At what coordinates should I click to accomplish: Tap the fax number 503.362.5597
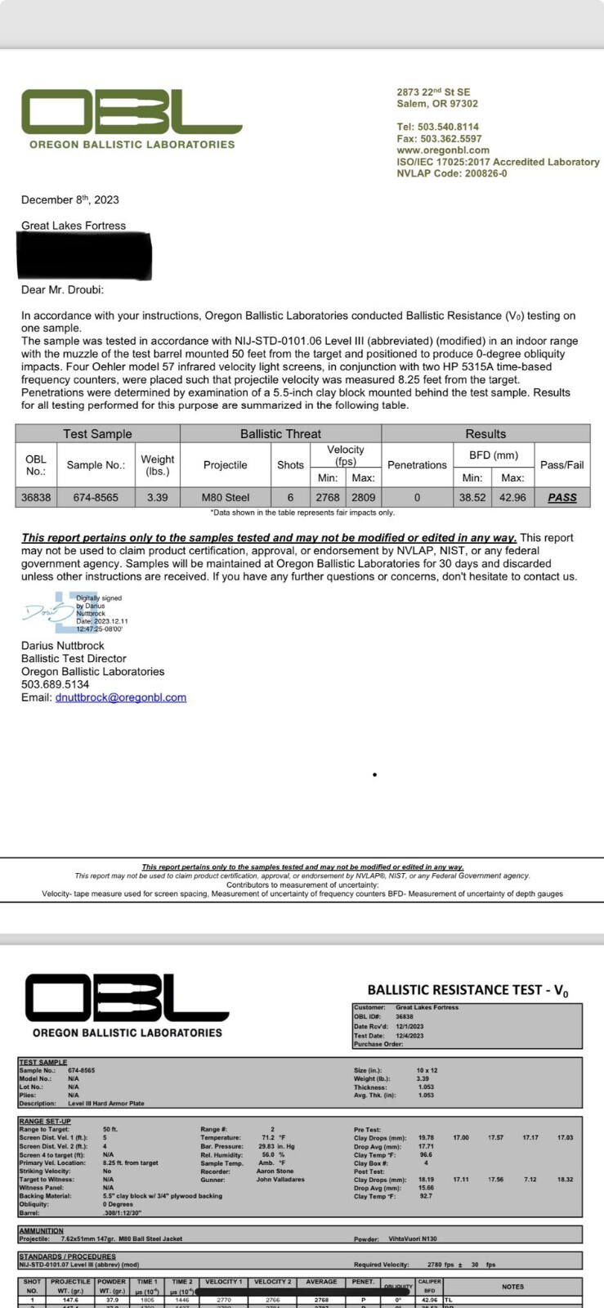[439, 139]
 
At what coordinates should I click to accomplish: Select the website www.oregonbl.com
[443, 150]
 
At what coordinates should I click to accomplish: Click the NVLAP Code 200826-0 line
[451, 173]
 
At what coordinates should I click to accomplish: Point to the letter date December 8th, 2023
[70, 199]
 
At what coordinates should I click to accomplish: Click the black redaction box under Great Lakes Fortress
[85, 256]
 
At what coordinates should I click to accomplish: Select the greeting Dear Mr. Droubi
[62, 289]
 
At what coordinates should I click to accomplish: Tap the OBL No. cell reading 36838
[36, 497]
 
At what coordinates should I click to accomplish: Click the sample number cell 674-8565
[96, 497]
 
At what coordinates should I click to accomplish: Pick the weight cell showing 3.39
[157, 497]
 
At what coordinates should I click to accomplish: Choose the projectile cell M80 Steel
[225, 497]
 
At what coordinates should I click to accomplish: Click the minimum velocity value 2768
[328, 497]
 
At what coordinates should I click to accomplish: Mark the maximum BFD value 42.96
[512, 497]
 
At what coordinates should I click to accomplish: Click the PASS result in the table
[561, 497]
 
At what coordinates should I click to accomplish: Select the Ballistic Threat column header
[280, 433]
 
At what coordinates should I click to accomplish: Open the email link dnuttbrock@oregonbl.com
[120, 697]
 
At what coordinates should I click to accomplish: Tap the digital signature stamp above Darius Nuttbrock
[75, 612]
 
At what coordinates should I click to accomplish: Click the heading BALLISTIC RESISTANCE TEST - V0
[468, 990]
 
